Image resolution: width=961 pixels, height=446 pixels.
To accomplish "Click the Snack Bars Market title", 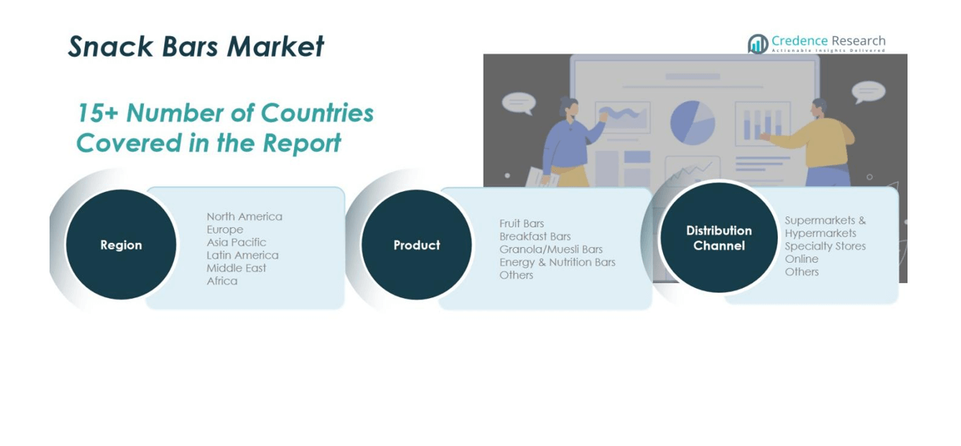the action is tap(196, 46).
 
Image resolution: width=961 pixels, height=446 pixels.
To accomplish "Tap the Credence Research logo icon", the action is tap(757, 44).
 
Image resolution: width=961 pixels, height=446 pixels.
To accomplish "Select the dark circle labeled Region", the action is tap(121, 245).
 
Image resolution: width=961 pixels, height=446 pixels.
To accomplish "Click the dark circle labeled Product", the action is tap(417, 245).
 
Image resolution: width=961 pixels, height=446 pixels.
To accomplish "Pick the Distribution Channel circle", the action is tap(719, 238).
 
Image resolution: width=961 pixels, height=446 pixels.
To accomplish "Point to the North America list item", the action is tap(245, 216).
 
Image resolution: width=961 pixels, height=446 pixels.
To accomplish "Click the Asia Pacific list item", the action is tap(237, 242).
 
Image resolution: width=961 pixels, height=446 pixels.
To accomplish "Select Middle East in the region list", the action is tap(237, 268).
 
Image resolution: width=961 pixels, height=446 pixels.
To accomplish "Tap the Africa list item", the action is tap(222, 281).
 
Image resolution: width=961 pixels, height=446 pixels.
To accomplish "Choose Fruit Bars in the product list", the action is tap(521, 223).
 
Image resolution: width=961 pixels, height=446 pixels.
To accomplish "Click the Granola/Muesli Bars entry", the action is tap(550, 249).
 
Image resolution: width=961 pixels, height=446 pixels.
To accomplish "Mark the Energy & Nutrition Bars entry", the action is tap(558, 262).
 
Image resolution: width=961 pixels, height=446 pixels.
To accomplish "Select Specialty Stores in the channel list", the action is tap(826, 246).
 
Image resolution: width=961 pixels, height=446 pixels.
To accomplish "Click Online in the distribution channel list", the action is tap(801, 259).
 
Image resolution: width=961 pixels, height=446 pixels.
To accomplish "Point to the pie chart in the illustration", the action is tap(692, 123).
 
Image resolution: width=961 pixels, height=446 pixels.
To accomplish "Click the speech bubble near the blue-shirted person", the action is tap(519, 104).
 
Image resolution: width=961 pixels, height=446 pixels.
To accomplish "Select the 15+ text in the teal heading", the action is tap(98, 113).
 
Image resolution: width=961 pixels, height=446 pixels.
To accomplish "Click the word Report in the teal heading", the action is tap(302, 142).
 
